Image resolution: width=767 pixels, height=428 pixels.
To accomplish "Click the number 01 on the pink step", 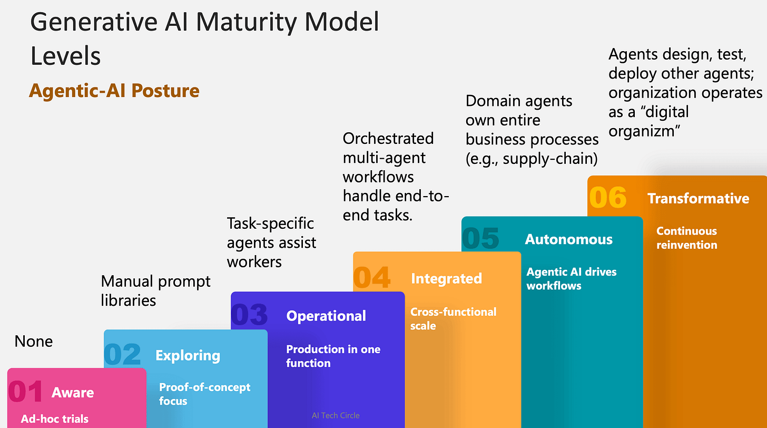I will pyautogui.click(x=25, y=392).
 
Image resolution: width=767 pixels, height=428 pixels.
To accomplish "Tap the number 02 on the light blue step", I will pyautogui.click(x=123, y=355).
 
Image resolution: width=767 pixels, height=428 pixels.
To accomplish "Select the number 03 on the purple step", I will pyautogui.click(x=250, y=315).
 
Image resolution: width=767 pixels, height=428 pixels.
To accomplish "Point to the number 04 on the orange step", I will pyautogui.click(x=372, y=277).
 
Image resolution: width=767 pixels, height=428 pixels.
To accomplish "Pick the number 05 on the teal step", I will pyautogui.click(x=480, y=238).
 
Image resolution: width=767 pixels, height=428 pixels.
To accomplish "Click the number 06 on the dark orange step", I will pyautogui.click(x=608, y=198).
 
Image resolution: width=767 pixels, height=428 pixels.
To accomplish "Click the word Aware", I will pyautogui.click(x=73, y=393).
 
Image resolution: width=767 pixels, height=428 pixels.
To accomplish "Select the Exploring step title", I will pyautogui.click(x=188, y=355).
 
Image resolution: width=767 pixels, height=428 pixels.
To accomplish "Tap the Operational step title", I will pyautogui.click(x=326, y=316).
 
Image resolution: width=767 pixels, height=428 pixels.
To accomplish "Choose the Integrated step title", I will pyautogui.click(x=446, y=278).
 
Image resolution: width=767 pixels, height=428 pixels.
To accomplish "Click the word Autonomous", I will pyautogui.click(x=569, y=239).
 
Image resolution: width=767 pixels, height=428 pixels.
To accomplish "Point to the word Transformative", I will pyautogui.click(x=698, y=198).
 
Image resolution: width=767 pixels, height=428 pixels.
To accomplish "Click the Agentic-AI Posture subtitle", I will pyautogui.click(x=114, y=91).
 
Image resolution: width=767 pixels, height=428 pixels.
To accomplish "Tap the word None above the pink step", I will pyautogui.click(x=34, y=342).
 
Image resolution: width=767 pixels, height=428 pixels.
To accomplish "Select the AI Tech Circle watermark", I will pyautogui.click(x=336, y=415).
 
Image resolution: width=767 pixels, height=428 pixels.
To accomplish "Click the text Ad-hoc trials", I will pyautogui.click(x=55, y=419).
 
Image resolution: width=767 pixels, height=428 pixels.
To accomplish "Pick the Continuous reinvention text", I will pyautogui.click(x=686, y=238).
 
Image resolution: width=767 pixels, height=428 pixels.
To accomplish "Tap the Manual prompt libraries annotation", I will pyautogui.click(x=155, y=290).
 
